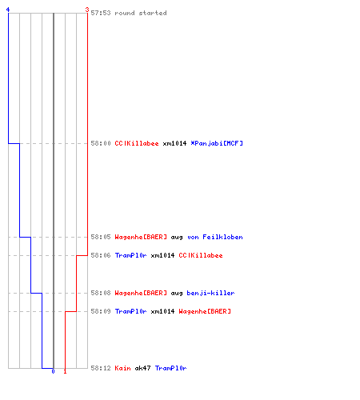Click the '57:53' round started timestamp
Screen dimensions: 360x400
click(101, 13)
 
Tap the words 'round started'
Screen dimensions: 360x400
click(141, 13)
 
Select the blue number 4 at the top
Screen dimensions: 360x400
click(8, 10)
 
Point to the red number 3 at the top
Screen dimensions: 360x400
click(87, 10)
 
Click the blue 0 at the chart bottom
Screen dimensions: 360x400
click(53, 371)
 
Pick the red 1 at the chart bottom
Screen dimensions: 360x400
click(65, 371)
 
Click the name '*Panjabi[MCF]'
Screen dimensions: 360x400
click(217, 143)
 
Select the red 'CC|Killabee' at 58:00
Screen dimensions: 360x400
click(137, 143)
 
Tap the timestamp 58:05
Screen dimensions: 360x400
click(101, 237)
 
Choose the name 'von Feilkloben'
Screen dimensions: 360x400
click(215, 237)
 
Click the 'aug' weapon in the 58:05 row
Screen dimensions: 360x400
click(177, 238)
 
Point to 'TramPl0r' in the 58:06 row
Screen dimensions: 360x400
click(130, 255)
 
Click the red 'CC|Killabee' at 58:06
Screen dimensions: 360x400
click(201, 255)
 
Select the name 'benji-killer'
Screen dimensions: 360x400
click(210, 293)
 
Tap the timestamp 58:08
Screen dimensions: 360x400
click(101, 293)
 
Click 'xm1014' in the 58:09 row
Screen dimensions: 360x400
click(162, 311)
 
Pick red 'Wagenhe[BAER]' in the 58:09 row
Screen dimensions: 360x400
click(205, 311)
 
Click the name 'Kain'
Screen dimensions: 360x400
click(122, 368)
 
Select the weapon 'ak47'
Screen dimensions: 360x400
click(142, 368)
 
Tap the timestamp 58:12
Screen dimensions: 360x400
click(101, 368)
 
